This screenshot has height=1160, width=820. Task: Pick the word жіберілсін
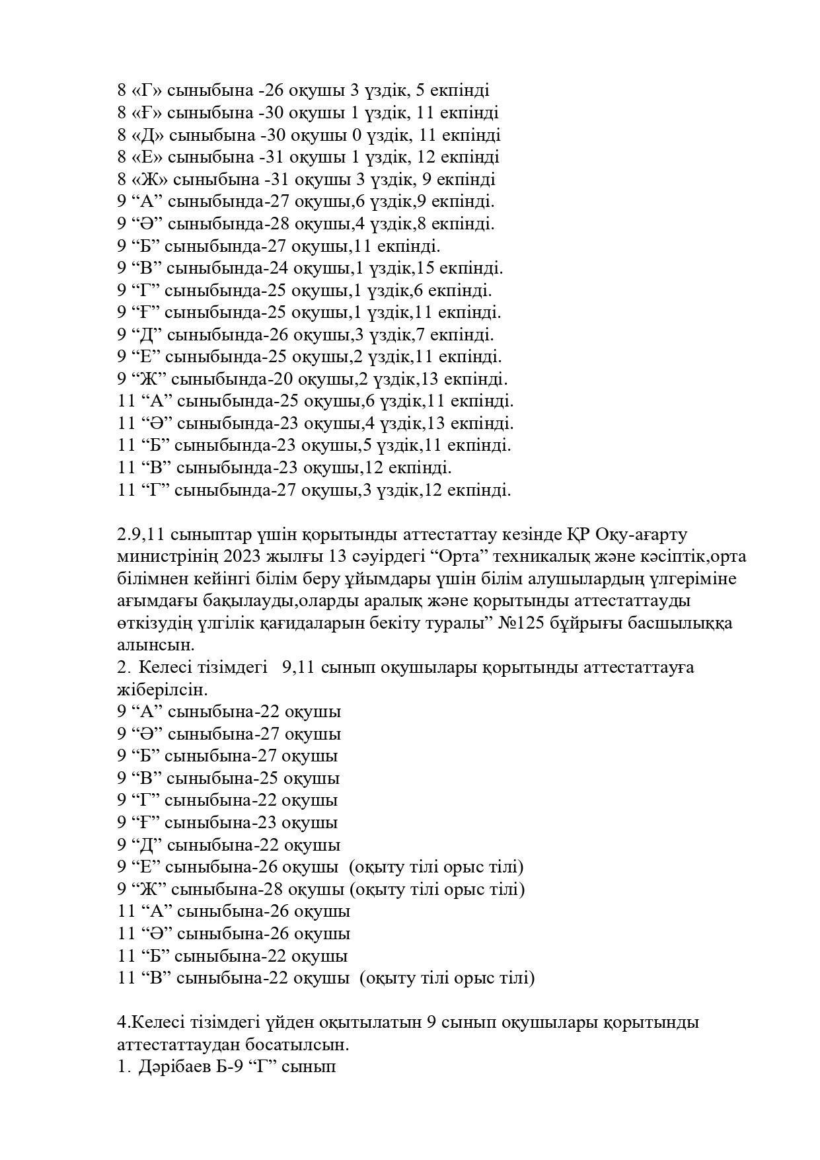162,689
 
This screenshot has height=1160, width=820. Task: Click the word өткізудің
155,623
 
